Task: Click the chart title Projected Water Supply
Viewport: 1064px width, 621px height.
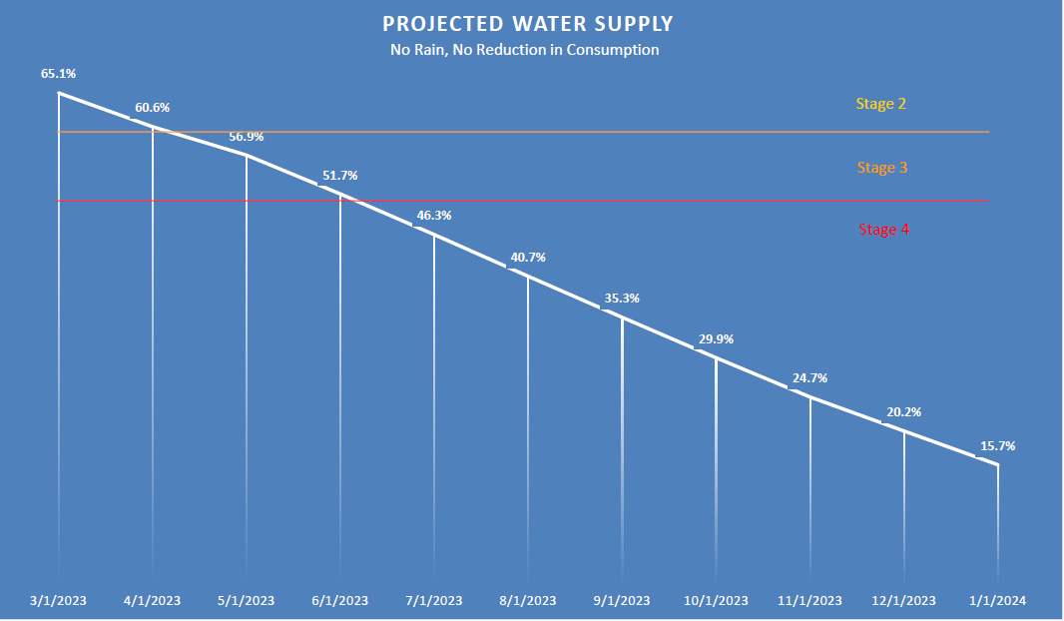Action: click(527, 24)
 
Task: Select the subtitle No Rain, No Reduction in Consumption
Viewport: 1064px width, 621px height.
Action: click(525, 50)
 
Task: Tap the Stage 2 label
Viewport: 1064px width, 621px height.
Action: click(880, 104)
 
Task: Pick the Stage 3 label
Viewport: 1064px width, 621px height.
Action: click(881, 168)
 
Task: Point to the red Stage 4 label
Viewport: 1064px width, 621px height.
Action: click(883, 230)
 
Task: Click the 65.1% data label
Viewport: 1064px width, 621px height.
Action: click(58, 73)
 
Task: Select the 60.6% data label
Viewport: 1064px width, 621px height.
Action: click(153, 107)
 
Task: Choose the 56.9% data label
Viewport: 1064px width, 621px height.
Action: click(246, 137)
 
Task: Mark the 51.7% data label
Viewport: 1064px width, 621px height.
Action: click(339, 176)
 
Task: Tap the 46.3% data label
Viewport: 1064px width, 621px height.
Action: click(433, 215)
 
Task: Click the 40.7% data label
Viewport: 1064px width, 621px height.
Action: click(528, 258)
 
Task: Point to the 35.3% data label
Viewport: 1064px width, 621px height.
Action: click(622, 299)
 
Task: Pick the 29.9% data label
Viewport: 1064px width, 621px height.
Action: click(716, 339)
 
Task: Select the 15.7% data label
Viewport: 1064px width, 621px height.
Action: click(998, 446)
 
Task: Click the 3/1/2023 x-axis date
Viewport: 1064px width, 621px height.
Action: click(59, 601)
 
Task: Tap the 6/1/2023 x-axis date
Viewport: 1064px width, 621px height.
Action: click(340, 601)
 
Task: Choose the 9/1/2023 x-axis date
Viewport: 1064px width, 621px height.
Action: click(622, 601)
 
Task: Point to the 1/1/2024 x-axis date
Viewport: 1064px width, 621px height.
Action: click(998, 601)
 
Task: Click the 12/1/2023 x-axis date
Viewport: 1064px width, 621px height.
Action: click(904, 601)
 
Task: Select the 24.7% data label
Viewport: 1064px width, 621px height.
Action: click(809, 378)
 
